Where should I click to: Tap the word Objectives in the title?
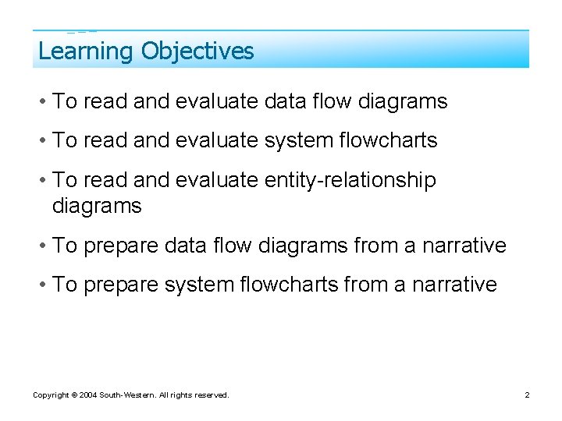[x=197, y=51]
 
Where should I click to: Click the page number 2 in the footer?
[x=527, y=395]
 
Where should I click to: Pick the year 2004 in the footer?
[x=87, y=395]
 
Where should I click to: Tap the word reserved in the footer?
[x=212, y=395]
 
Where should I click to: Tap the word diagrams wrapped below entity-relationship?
[x=97, y=206]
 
